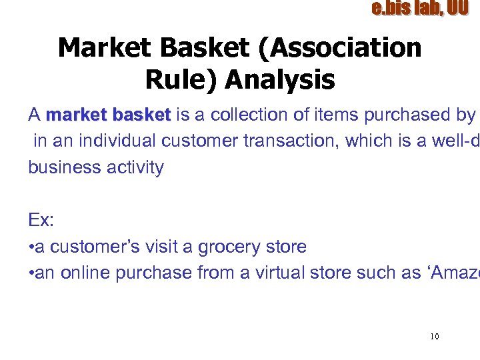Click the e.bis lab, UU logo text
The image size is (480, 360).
point(419,9)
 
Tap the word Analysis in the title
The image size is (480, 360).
point(280,80)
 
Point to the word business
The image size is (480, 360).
point(62,167)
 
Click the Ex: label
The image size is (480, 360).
point(41,220)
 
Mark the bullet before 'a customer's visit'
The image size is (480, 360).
point(31,247)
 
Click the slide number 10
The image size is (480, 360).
point(434,337)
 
